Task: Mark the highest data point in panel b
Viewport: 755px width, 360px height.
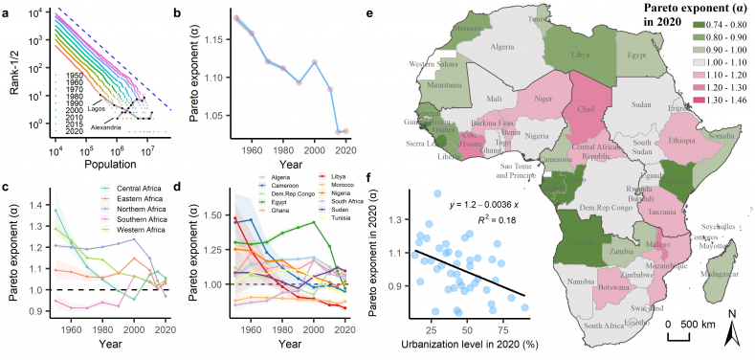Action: [235, 17]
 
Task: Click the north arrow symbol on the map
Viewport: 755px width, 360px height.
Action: [731, 330]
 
